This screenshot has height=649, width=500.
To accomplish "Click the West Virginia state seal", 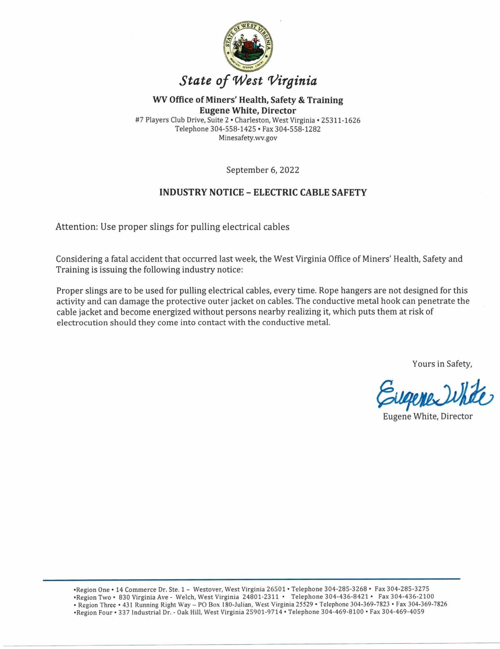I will point(248,46).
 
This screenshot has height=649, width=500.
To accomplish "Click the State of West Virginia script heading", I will point(248,80).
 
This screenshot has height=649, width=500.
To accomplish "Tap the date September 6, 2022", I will point(262,170).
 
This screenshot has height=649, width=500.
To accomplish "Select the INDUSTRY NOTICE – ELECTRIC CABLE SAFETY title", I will point(263,192).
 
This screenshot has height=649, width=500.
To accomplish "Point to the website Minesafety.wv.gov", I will point(248,138).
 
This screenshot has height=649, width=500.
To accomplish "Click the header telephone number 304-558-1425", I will point(233,129).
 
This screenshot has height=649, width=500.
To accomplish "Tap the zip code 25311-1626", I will point(340,120).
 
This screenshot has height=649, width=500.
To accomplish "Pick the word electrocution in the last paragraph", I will point(82,322).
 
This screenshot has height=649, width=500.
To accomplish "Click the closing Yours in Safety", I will point(442,364).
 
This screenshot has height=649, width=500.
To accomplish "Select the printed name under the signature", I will point(427,416).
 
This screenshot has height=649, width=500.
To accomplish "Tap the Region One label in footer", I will point(93,589).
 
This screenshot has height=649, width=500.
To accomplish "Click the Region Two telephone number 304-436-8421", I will point(347,597).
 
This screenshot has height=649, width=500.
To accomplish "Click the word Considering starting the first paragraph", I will point(79,259).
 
